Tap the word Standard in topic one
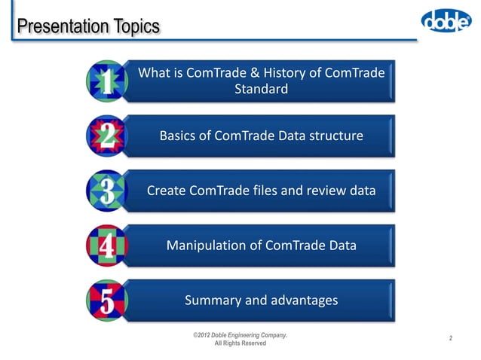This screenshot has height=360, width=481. tap(262, 90)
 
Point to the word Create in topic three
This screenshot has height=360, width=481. tap(167, 191)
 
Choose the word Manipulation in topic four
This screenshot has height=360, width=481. tap(205, 246)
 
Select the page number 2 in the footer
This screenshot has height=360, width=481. tap(450, 338)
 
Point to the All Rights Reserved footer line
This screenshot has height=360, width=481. tap(240, 343)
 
